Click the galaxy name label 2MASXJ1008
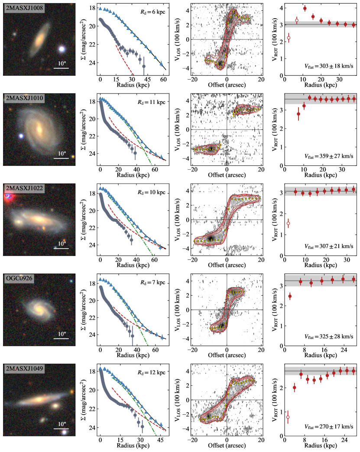(24, 9)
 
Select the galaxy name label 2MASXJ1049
(24, 370)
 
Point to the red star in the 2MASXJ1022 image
(8, 198)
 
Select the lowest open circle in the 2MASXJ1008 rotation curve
(289, 39)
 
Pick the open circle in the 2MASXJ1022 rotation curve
(288, 223)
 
